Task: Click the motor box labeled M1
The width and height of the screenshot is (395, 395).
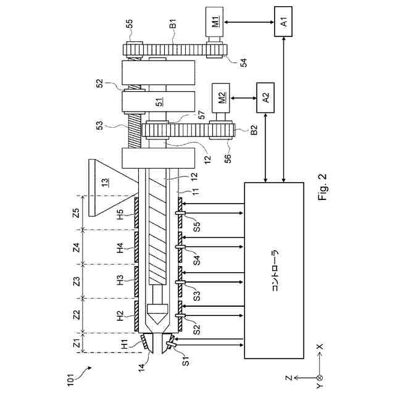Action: (x=214, y=22)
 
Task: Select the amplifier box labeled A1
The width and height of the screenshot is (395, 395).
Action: (x=283, y=22)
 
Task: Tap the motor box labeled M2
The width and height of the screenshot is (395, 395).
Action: (x=221, y=98)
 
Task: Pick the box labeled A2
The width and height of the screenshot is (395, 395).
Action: (x=265, y=98)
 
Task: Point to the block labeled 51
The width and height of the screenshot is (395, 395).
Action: (x=159, y=101)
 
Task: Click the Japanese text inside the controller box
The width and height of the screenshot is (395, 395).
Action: (x=275, y=270)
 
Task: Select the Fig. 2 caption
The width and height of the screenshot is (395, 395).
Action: (x=322, y=186)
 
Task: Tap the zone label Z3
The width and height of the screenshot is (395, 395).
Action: (x=77, y=281)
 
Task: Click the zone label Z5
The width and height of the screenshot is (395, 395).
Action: (x=76, y=213)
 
